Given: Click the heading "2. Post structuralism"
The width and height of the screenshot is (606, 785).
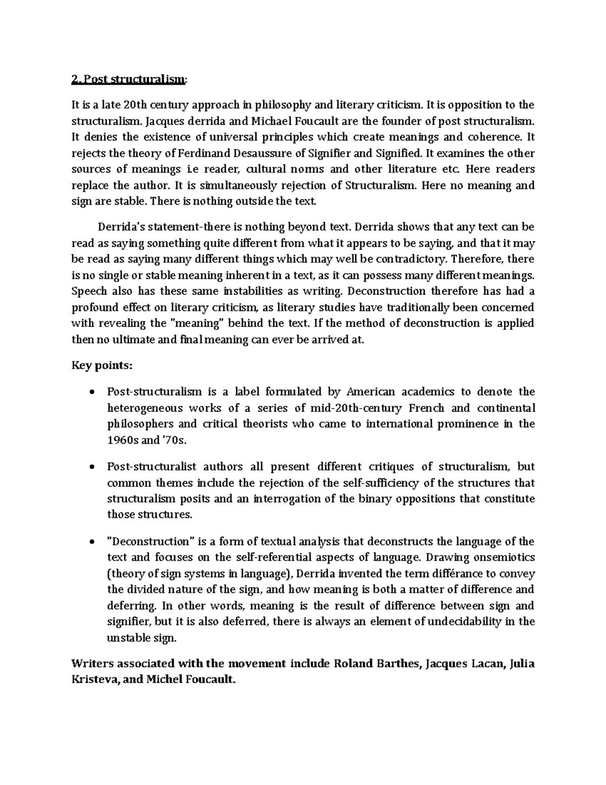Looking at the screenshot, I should click(129, 79).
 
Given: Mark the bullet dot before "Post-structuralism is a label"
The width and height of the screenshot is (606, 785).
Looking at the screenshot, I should click(91, 393).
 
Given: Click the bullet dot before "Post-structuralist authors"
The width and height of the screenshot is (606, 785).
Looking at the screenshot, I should click(91, 468).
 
